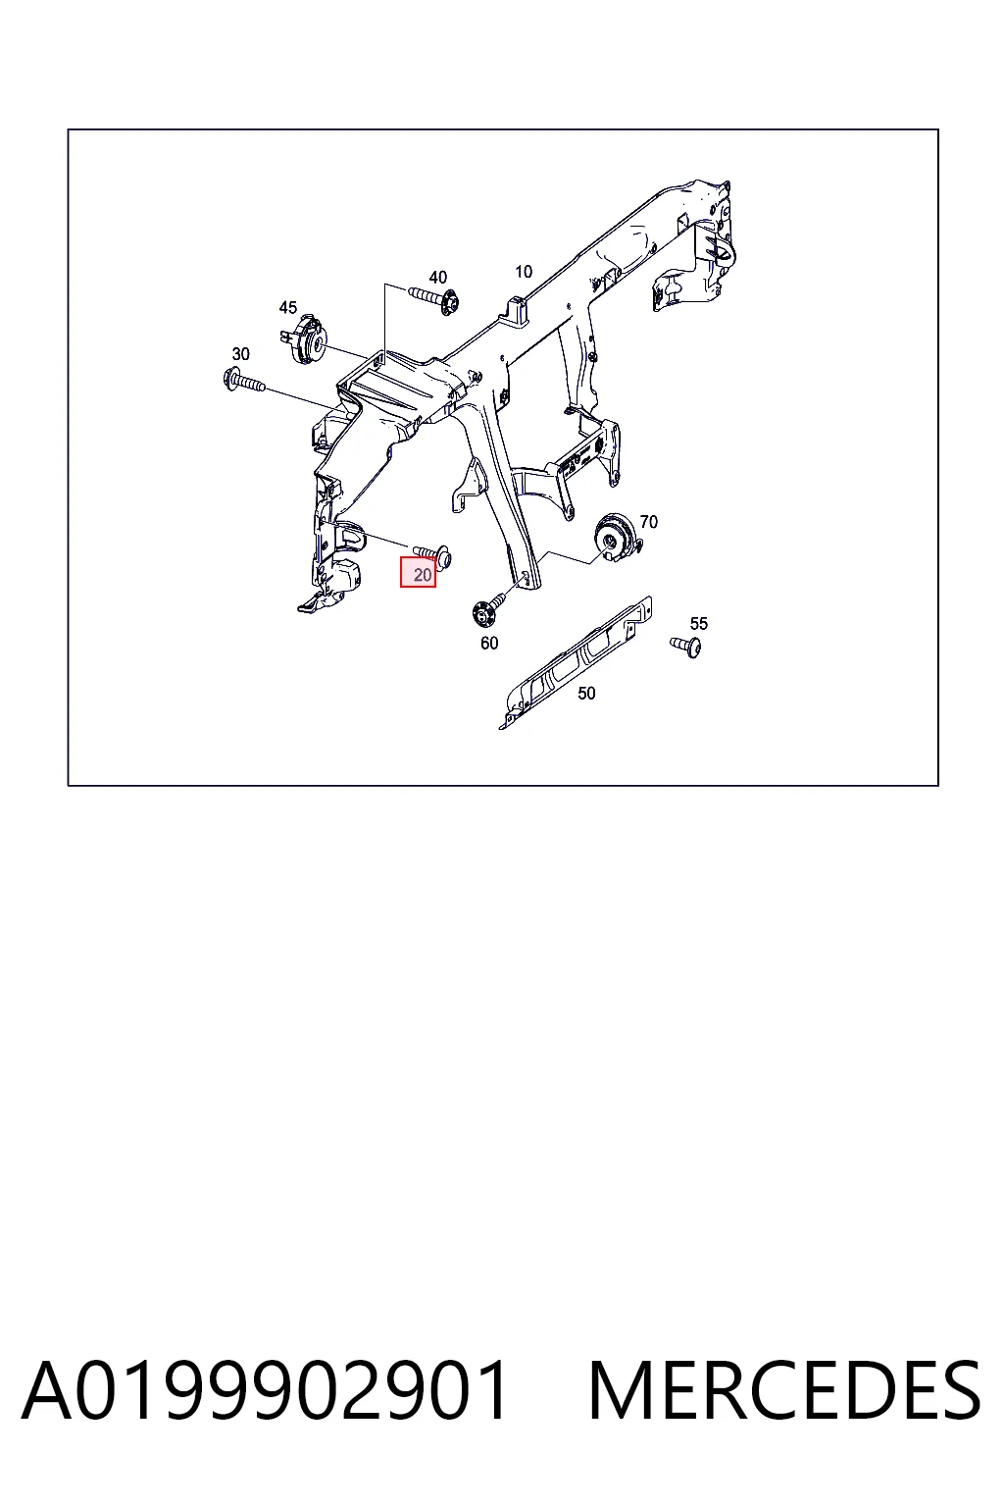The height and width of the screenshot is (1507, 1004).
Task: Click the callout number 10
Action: pos(524,272)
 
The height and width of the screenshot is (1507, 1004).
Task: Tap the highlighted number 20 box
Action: pos(419,573)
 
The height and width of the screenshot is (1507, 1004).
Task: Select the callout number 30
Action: pos(241,354)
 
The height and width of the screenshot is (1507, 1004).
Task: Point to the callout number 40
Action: pos(437,278)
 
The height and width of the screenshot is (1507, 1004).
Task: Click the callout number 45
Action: pos(288,307)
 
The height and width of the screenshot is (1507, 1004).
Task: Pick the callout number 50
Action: pos(586,693)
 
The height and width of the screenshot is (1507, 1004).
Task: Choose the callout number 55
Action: pos(699,624)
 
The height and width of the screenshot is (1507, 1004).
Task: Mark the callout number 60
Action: pos(489,644)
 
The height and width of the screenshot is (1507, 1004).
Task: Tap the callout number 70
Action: pos(649,521)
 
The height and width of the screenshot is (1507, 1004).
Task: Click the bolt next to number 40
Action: pos(432,298)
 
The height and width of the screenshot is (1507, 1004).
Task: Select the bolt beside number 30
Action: pos(243,382)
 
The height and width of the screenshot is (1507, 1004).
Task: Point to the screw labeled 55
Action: pos(686,647)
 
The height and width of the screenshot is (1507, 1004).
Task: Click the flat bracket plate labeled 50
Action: pos(576,662)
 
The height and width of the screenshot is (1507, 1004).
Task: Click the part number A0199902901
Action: pos(265,1391)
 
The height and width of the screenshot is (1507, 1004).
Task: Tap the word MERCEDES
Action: pos(784,1391)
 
